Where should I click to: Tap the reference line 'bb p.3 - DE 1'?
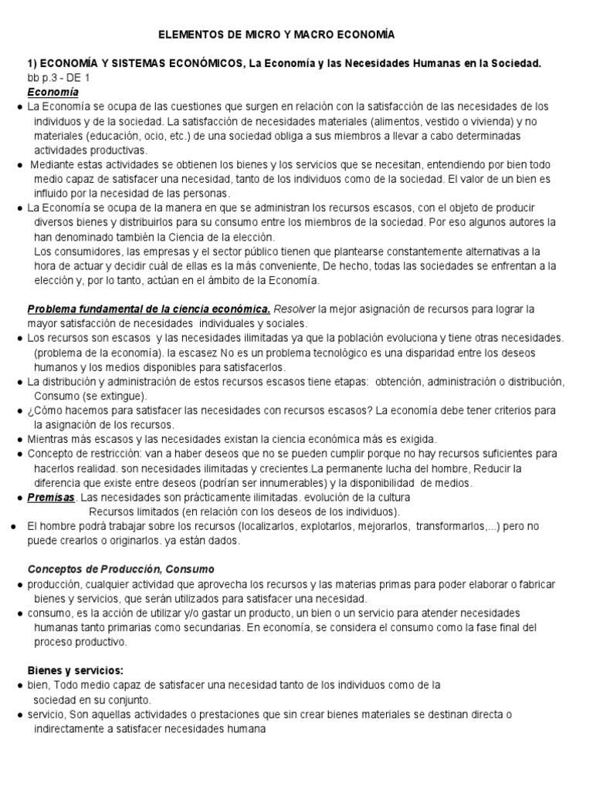59,78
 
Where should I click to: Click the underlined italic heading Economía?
53,92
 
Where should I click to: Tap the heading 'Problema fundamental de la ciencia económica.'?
149,309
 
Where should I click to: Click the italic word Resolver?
294,309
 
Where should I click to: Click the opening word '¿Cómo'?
43,410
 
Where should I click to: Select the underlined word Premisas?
51,498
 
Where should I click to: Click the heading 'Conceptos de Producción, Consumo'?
117,569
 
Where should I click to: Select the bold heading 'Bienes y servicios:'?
76,670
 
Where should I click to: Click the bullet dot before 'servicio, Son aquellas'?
19,714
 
